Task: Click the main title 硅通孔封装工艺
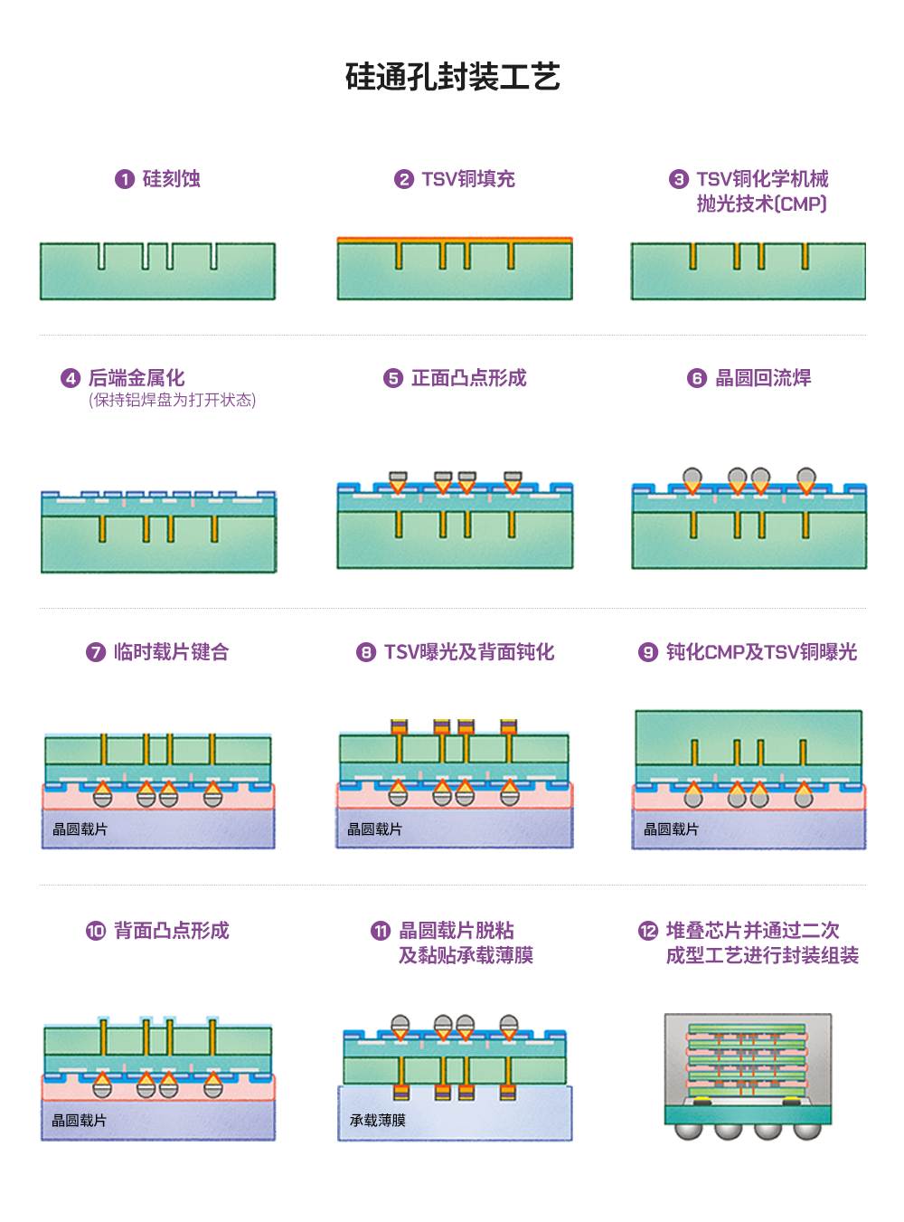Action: click(x=452, y=77)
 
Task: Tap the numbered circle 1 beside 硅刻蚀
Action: click(x=125, y=179)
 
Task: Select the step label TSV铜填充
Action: click(x=468, y=179)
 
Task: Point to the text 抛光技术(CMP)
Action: click(x=762, y=204)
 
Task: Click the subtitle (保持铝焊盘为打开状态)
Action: click(x=172, y=400)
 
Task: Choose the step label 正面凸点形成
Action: click(x=468, y=378)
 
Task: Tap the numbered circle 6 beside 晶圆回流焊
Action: click(x=696, y=378)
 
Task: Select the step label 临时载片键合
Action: click(x=172, y=652)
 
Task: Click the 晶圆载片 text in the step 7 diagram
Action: click(x=80, y=829)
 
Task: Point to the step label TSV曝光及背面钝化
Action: click(x=469, y=652)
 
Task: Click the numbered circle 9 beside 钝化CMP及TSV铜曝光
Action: click(x=648, y=652)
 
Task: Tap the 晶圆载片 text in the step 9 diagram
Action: click(x=671, y=829)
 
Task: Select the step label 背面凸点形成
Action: click(x=172, y=931)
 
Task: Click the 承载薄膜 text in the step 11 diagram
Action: click(x=378, y=1121)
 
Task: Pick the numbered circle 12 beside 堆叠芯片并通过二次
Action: click(x=648, y=931)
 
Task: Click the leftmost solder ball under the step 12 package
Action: click(x=689, y=1131)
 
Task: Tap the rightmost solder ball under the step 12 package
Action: click(x=807, y=1131)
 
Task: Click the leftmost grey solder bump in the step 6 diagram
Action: click(x=692, y=477)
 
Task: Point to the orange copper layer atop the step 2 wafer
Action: click(x=455, y=240)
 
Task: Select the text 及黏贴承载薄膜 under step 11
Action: click(x=466, y=955)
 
